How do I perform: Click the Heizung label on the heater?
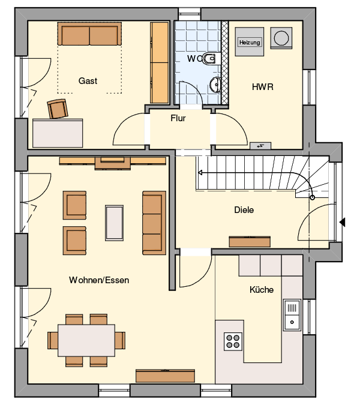click(x=250, y=42)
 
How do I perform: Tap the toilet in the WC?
click(x=210, y=59)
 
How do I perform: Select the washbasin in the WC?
click(x=216, y=85)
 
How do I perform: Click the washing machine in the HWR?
click(x=281, y=38)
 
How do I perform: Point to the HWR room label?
click(x=263, y=87)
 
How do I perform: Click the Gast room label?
click(x=88, y=81)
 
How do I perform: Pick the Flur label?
click(x=178, y=118)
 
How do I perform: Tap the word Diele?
click(x=244, y=210)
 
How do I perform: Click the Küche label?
click(x=262, y=290)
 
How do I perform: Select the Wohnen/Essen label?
click(x=99, y=280)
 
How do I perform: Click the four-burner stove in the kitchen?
click(x=233, y=341)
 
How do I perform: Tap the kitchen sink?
click(x=292, y=315)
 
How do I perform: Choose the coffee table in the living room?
click(x=114, y=223)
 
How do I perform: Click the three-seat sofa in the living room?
click(x=154, y=223)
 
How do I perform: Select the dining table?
click(x=86, y=340)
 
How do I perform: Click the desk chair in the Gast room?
click(x=58, y=109)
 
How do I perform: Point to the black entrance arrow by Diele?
click(x=342, y=222)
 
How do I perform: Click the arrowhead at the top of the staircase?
click(x=200, y=173)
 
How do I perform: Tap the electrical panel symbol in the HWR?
click(x=260, y=146)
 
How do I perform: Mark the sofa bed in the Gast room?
click(x=89, y=34)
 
